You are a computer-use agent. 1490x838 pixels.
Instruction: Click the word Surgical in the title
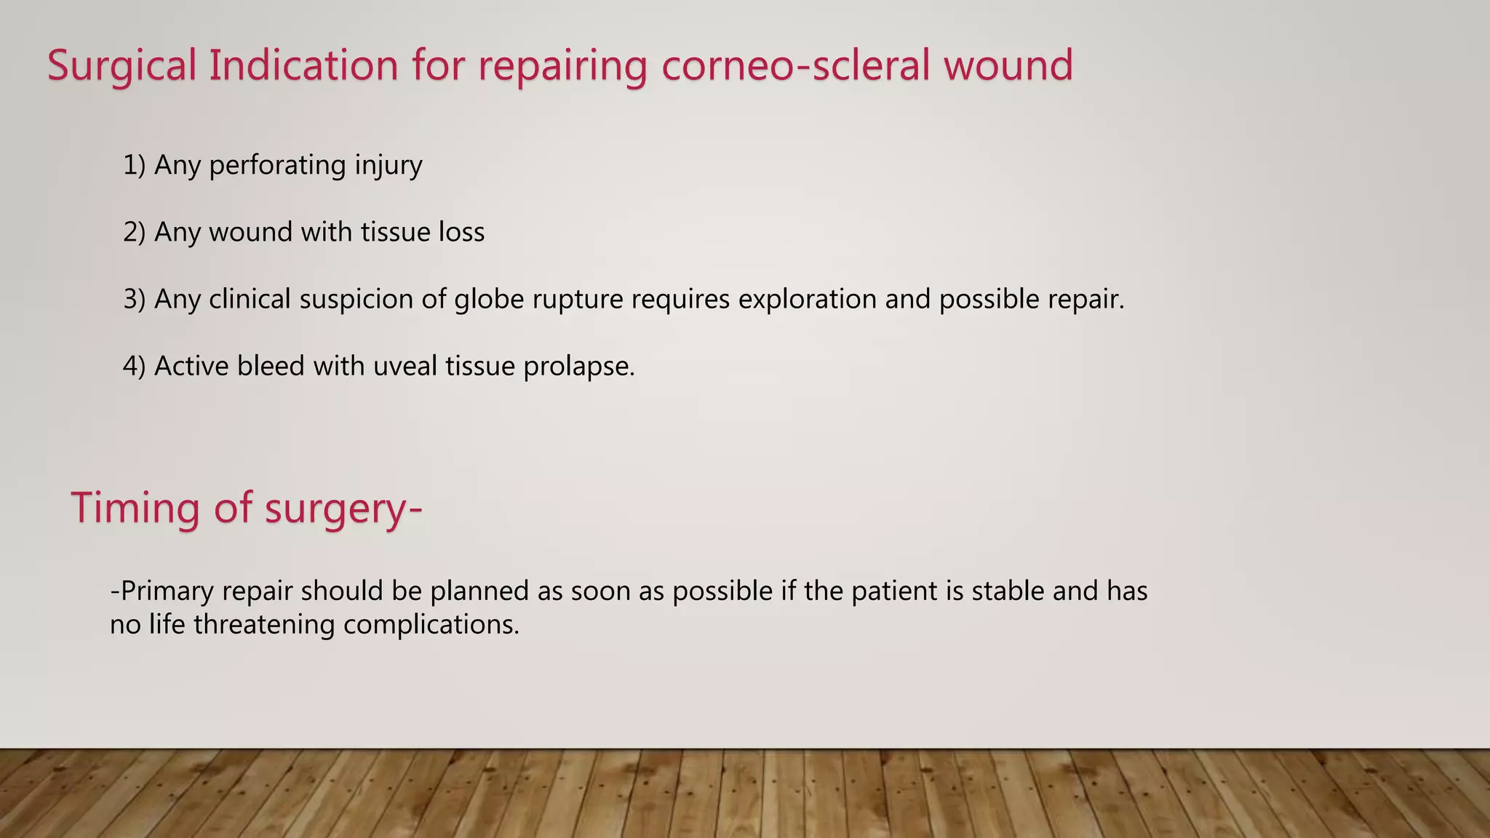(x=122, y=66)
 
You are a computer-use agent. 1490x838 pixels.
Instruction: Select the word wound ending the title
(x=1008, y=66)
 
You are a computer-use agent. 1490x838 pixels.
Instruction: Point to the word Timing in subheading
(x=135, y=508)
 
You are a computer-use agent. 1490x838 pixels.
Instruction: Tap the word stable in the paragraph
(x=1008, y=591)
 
